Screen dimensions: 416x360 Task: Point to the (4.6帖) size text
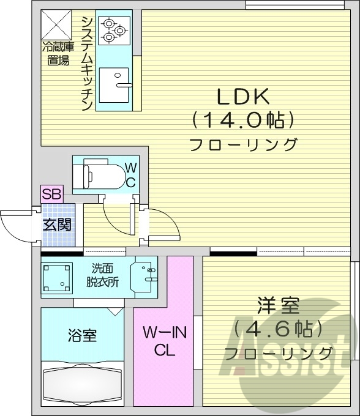(x=277, y=330)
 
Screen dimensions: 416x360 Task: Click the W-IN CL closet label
(x=162, y=341)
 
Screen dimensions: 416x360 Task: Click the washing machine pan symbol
(x=57, y=277)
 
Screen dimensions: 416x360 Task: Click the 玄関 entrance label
(x=56, y=225)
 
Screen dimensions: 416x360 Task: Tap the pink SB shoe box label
(x=50, y=194)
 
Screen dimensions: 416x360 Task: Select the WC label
(x=130, y=174)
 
